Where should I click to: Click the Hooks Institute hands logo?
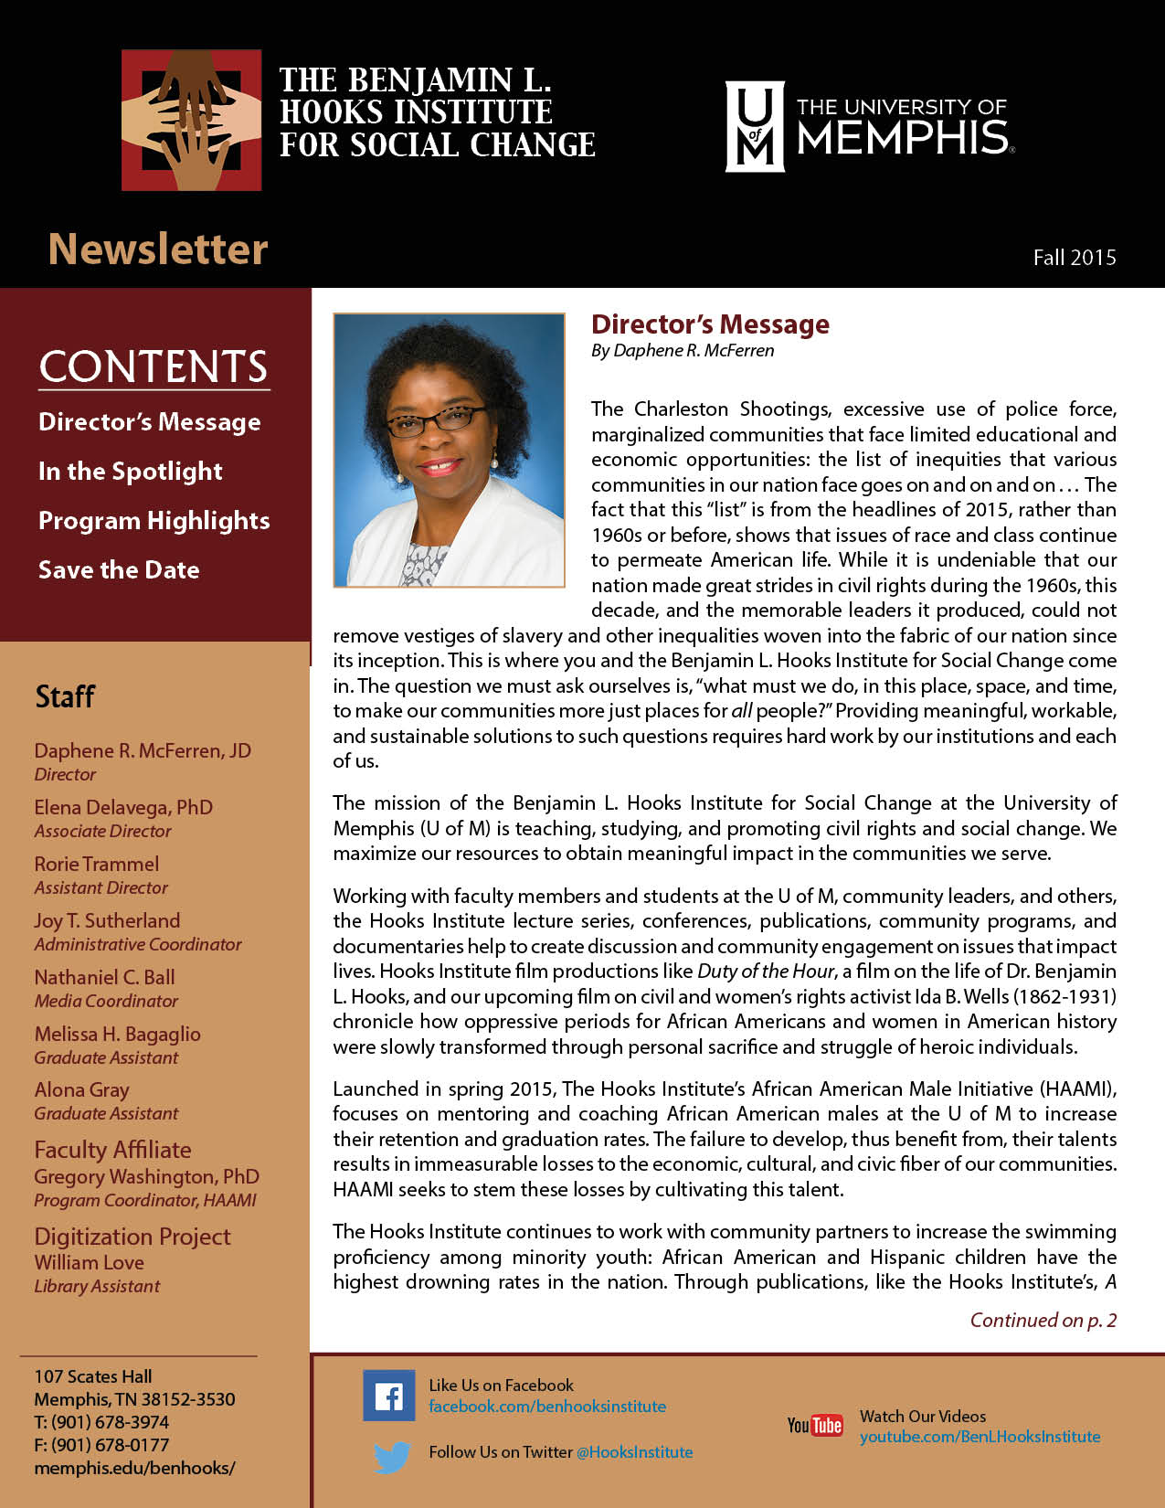[191, 120]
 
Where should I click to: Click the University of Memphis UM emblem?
[754, 126]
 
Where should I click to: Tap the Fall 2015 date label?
[1075, 258]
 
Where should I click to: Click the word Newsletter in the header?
[158, 250]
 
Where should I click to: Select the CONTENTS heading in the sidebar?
[154, 366]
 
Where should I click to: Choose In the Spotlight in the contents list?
[131, 472]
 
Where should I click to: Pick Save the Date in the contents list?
[119, 570]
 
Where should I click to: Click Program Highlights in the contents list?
[154, 521]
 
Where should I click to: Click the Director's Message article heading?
[710, 324]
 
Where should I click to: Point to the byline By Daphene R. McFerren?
[683, 351]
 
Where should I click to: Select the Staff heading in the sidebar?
[65, 696]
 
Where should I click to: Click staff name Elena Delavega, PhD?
[123, 808]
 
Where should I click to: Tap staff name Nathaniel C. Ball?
[104, 978]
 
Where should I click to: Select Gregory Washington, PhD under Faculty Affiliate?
[146, 1177]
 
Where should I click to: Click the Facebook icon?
[388, 1396]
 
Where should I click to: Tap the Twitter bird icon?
[392, 1457]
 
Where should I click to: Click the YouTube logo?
[815, 1425]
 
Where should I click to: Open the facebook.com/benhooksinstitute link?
[547, 1407]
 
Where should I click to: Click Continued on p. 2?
[1043, 1321]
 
